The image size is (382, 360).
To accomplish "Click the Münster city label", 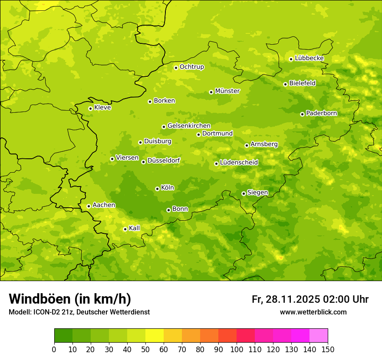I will (x=227, y=91).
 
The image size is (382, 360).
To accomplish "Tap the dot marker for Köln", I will (x=157, y=189).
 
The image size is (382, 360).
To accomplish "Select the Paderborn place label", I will (x=321, y=113).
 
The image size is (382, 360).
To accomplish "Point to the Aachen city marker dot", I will (x=89, y=206).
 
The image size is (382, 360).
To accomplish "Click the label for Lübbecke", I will (x=309, y=58).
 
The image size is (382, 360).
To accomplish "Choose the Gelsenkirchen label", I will (x=189, y=126).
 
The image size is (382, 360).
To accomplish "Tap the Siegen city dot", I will (x=244, y=193).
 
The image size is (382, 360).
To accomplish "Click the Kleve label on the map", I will (x=102, y=108).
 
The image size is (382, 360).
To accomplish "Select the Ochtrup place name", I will (x=191, y=67).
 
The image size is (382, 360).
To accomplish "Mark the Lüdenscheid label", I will (x=239, y=163).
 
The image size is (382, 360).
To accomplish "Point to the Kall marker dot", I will (x=125, y=229).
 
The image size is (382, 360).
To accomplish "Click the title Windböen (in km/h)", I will (x=69, y=299).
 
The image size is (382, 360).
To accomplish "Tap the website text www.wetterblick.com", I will (x=313, y=312).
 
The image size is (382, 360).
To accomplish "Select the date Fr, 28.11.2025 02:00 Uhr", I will (x=310, y=299).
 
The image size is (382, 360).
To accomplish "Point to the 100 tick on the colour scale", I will (x=237, y=350).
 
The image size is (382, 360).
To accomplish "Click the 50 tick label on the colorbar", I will (x=145, y=350).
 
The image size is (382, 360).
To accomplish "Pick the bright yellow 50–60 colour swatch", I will (x=155, y=336).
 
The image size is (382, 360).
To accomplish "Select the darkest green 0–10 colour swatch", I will (x=63, y=336).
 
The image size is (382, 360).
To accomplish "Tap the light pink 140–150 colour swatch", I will (x=319, y=336).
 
